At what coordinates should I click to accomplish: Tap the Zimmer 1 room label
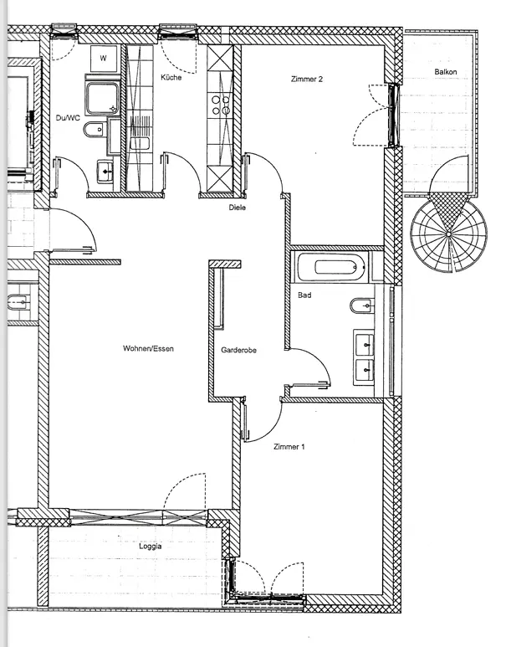[289, 448]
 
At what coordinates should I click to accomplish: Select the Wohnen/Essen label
[148, 348]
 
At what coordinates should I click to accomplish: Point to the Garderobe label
[238, 351]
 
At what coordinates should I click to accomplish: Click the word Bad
[304, 295]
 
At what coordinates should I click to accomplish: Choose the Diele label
[237, 207]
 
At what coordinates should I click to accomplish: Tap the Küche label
[171, 77]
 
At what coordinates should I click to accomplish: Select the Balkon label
[445, 73]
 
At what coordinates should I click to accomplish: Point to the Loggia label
[151, 545]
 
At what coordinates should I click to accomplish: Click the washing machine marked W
[104, 58]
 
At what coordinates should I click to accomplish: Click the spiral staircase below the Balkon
[449, 232]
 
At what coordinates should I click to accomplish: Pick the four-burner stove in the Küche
[222, 104]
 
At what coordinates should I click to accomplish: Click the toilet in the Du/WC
[96, 130]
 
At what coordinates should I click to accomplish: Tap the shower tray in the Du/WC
[103, 96]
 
